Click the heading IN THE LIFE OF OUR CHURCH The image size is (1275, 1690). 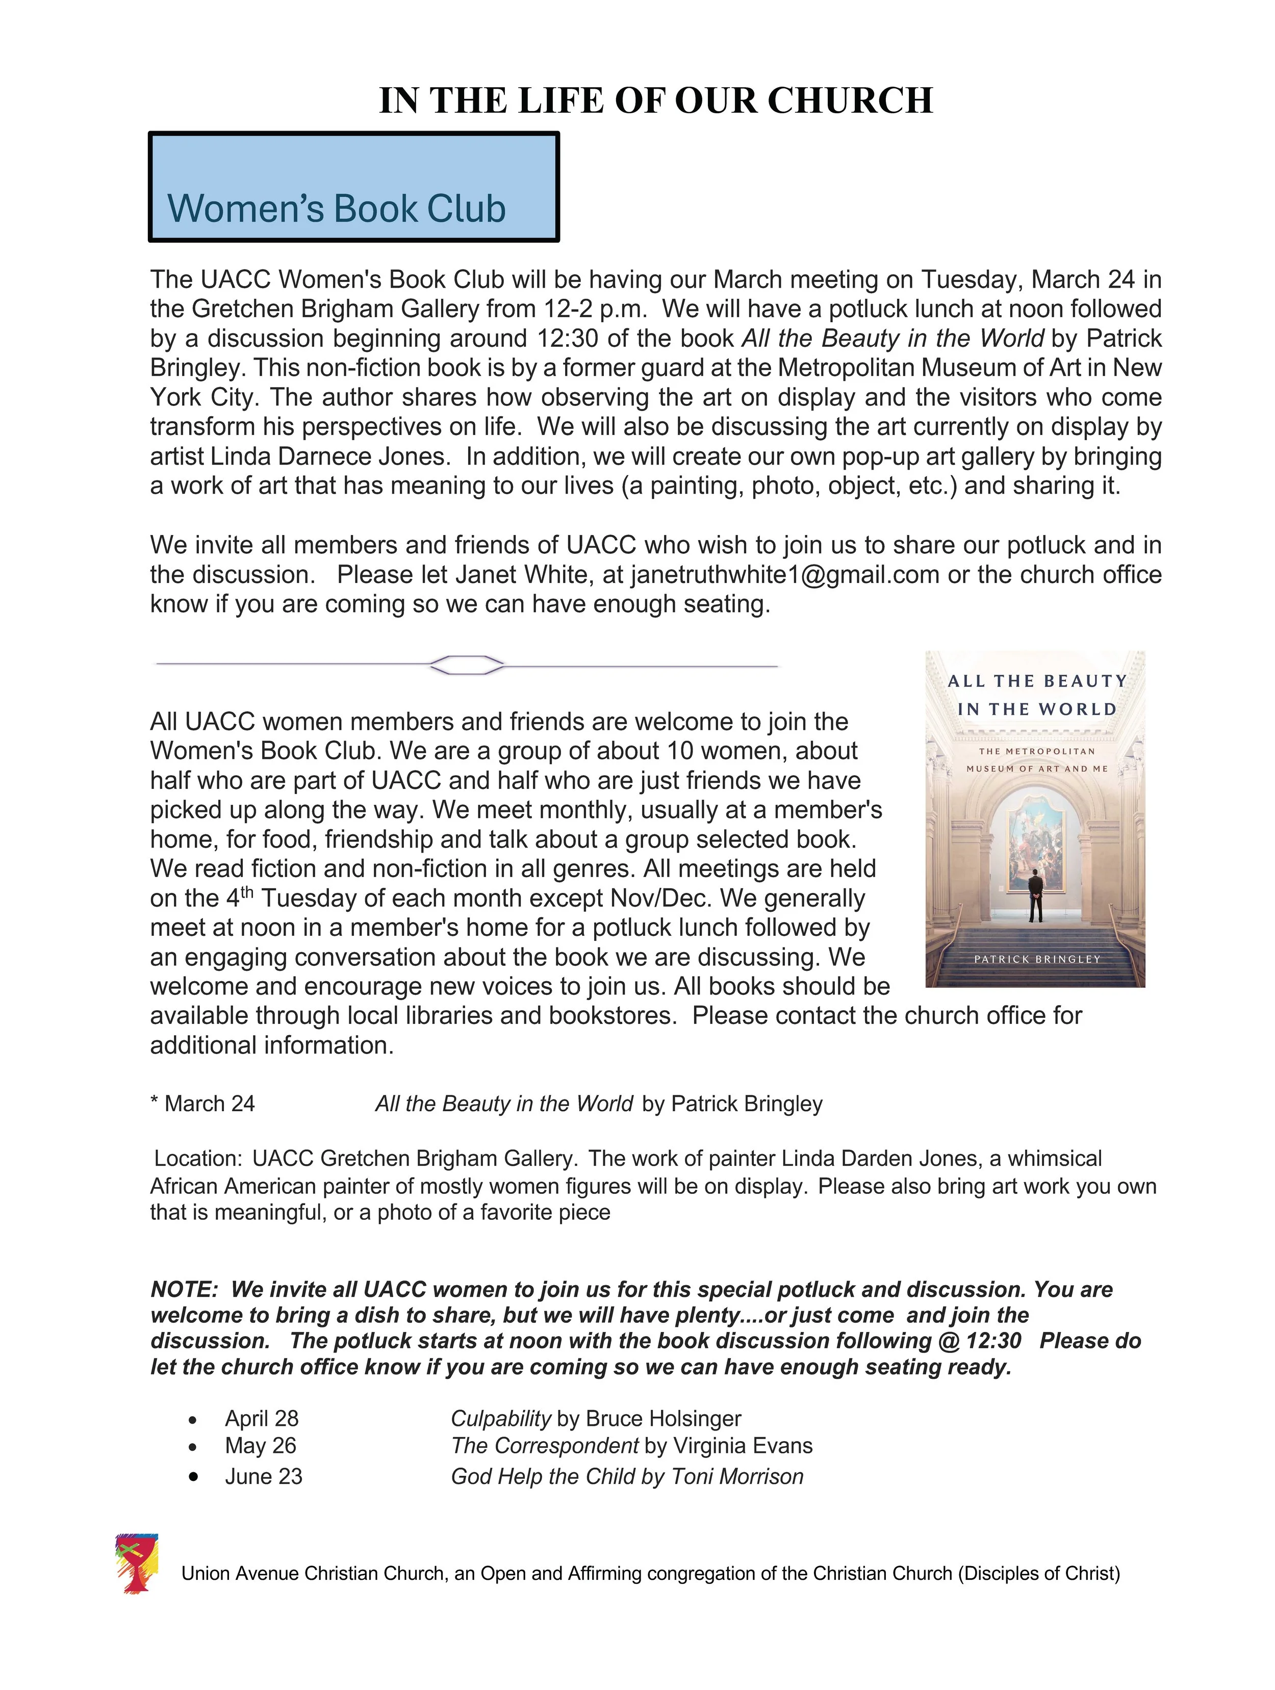(655, 100)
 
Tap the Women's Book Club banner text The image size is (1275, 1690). (336, 209)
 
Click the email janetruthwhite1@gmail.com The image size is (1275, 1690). (784, 575)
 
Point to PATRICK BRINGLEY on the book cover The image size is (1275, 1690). (1037, 959)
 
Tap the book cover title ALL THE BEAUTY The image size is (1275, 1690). (1037, 681)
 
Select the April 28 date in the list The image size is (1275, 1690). (261, 1419)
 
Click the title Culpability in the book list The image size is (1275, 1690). (500, 1419)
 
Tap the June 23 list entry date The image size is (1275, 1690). (264, 1477)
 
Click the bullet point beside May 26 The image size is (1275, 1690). (193, 1447)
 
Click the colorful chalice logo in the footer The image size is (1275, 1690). (136, 1563)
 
